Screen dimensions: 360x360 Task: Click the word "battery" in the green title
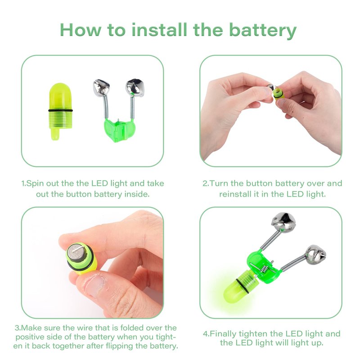point(263,31)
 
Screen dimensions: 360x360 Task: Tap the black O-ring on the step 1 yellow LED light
point(61,110)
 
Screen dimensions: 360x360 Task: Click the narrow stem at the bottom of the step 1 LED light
point(55,134)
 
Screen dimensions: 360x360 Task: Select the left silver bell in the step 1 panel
point(102,88)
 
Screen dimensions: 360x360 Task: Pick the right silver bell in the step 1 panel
point(135,87)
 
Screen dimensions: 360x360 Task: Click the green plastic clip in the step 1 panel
point(120,130)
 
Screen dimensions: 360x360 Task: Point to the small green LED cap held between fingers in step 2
point(278,93)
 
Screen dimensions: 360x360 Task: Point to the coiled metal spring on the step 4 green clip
point(265,268)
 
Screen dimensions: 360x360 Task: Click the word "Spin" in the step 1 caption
point(35,184)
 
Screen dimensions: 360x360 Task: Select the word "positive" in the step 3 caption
point(30,337)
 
